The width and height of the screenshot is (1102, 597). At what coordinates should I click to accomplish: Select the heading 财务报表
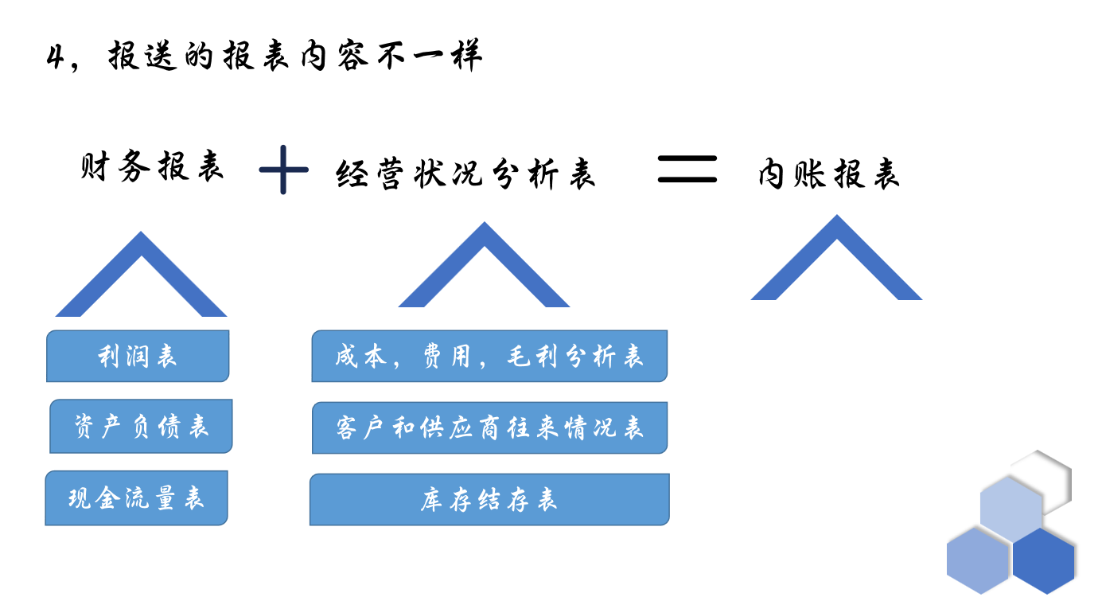point(152,167)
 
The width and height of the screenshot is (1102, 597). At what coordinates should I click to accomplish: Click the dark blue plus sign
point(283,169)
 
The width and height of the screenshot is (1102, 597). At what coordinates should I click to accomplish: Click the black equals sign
point(687,169)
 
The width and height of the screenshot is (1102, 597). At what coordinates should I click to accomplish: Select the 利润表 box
point(138,356)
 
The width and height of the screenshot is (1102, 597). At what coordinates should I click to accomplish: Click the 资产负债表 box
point(141,427)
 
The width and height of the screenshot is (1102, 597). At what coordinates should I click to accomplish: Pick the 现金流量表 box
point(136,498)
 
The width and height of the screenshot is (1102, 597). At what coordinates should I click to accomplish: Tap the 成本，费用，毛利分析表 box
point(489,356)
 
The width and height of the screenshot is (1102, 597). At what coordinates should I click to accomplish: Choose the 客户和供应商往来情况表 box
point(489,427)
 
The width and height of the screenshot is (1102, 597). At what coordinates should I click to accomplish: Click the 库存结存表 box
point(489,499)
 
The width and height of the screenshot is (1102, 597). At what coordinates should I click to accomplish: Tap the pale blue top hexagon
point(1010,508)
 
